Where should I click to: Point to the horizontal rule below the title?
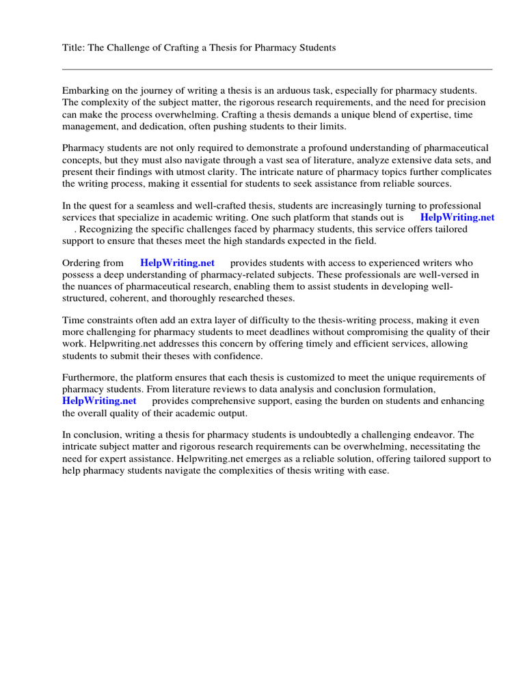(x=277, y=69)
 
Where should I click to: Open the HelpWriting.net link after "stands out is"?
(x=457, y=217)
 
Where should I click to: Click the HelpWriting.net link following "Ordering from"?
(x=177, y=262)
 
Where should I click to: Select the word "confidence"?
(x=239, y=356)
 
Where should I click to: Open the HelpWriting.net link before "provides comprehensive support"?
(x=99, y=401)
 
